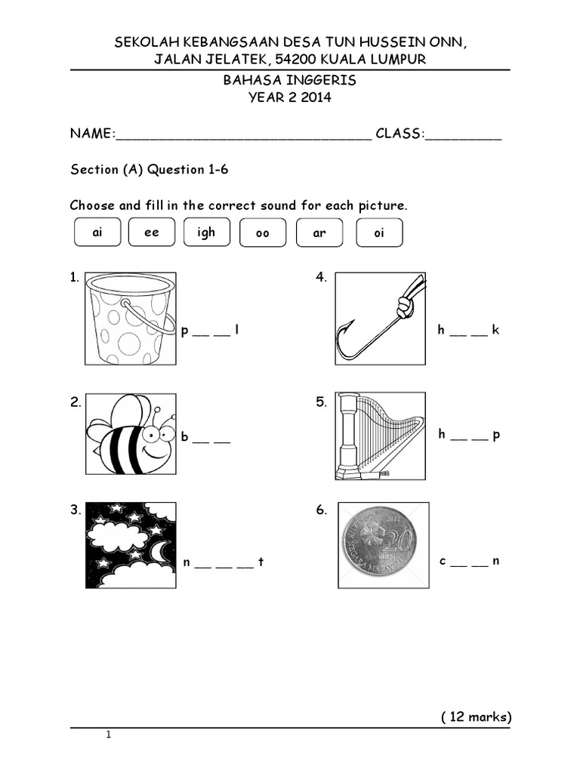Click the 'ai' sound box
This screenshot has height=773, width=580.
point(97,233)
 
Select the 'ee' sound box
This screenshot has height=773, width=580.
point(152,233)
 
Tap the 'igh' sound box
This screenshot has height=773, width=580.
point(206,233)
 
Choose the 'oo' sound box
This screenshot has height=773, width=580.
point(263,234)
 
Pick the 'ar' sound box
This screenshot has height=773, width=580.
point(319,233)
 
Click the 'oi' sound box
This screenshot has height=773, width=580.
point(379,233)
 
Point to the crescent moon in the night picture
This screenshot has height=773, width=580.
point(160,554)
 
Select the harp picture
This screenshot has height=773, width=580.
point(380,436)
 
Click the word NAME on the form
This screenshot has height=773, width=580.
point(91,134)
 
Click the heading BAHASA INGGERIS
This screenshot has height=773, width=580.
point(290,80)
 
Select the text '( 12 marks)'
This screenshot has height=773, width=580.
point(476,716)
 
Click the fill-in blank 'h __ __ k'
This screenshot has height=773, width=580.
point(468,331)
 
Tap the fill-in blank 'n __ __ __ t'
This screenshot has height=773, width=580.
point(224,562)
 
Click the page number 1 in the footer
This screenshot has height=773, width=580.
point(109,735)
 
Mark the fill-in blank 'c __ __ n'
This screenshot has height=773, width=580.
point(469,561)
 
